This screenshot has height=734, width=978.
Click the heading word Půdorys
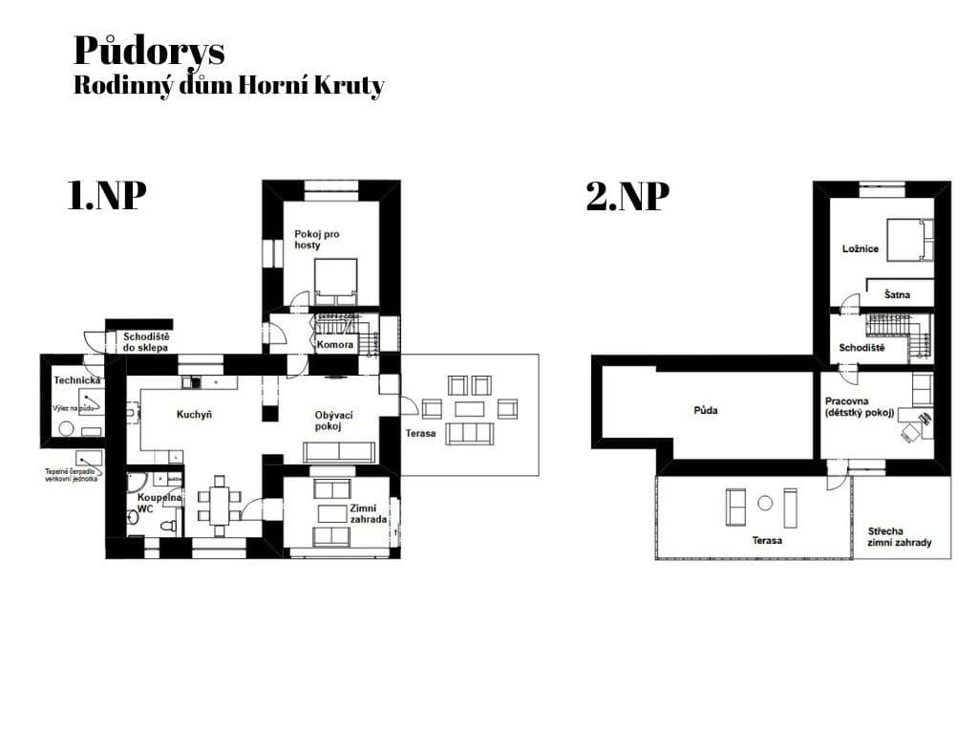tap(148, 50)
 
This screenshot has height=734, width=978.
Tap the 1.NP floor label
tap(107, 196)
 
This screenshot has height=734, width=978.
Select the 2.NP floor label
tap(627, 197)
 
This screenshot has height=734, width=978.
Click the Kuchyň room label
tap(194, 415)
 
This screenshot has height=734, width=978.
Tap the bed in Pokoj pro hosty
tap(336, 276)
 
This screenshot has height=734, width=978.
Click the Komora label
tap(335, 344)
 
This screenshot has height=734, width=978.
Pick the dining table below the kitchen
tap(220, 505)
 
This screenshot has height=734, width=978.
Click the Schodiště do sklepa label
tap(146, 341)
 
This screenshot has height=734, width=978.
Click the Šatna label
tap(897, 295)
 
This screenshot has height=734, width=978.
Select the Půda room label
tap(705, 410)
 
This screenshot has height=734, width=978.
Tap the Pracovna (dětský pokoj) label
tap(860, 407)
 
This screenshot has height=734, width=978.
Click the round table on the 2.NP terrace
tap(765, 503)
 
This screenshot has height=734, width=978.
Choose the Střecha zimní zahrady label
tap(899, 536)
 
